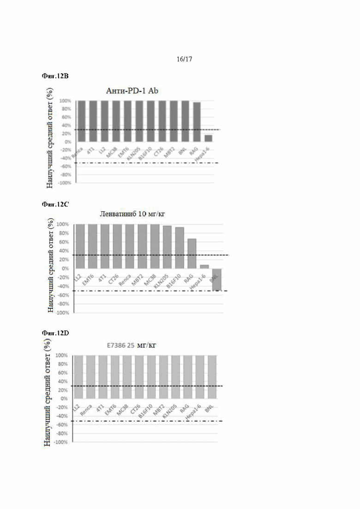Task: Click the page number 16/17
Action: [184, 59]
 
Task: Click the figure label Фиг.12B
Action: [55, 76]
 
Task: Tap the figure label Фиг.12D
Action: [55, 333]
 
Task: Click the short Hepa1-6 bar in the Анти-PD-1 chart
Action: [208, 138]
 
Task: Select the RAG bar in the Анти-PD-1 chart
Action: [197, 121]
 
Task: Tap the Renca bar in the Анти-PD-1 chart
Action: [81, 121]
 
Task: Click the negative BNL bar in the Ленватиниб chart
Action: [216, 279]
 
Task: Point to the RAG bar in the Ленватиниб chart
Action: [192, 253]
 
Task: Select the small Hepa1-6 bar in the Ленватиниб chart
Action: [204, 266]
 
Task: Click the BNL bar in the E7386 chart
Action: [212, 377]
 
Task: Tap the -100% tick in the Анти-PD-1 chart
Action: [64, 183]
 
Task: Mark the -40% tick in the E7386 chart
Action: [62, 416]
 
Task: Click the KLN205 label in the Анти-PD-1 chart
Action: [134, 151]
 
